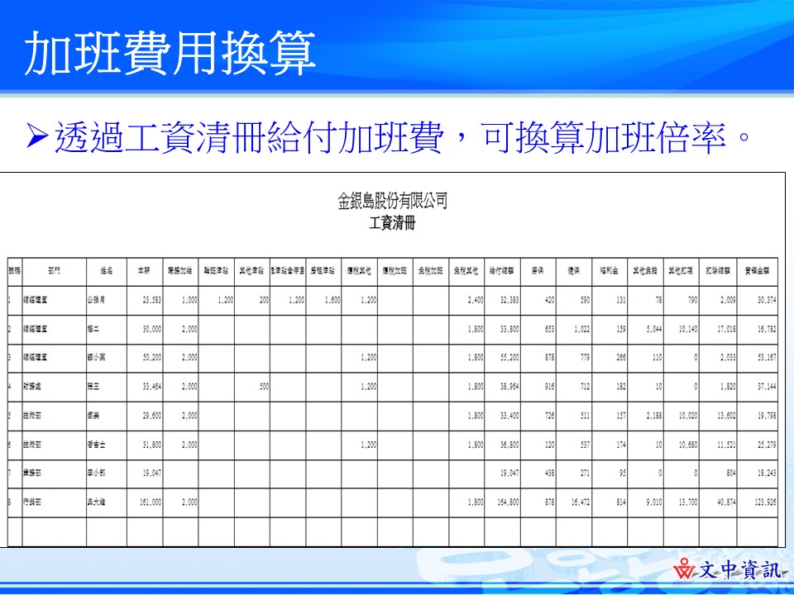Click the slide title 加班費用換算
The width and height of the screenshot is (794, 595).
pyautogui.click(x=170, y=54)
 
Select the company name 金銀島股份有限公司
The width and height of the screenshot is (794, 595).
pyautogui.click(x=393, y=200)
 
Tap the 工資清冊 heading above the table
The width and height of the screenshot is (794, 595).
pyautogui.click(x=392, y=223)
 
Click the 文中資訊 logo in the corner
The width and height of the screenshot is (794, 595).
pyautogui.click(x=728, y=570)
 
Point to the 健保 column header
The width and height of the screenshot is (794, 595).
pyautogui.click(x=573, y=270)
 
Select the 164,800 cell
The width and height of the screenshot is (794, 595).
pyautogui.click(x=502, y=502)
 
